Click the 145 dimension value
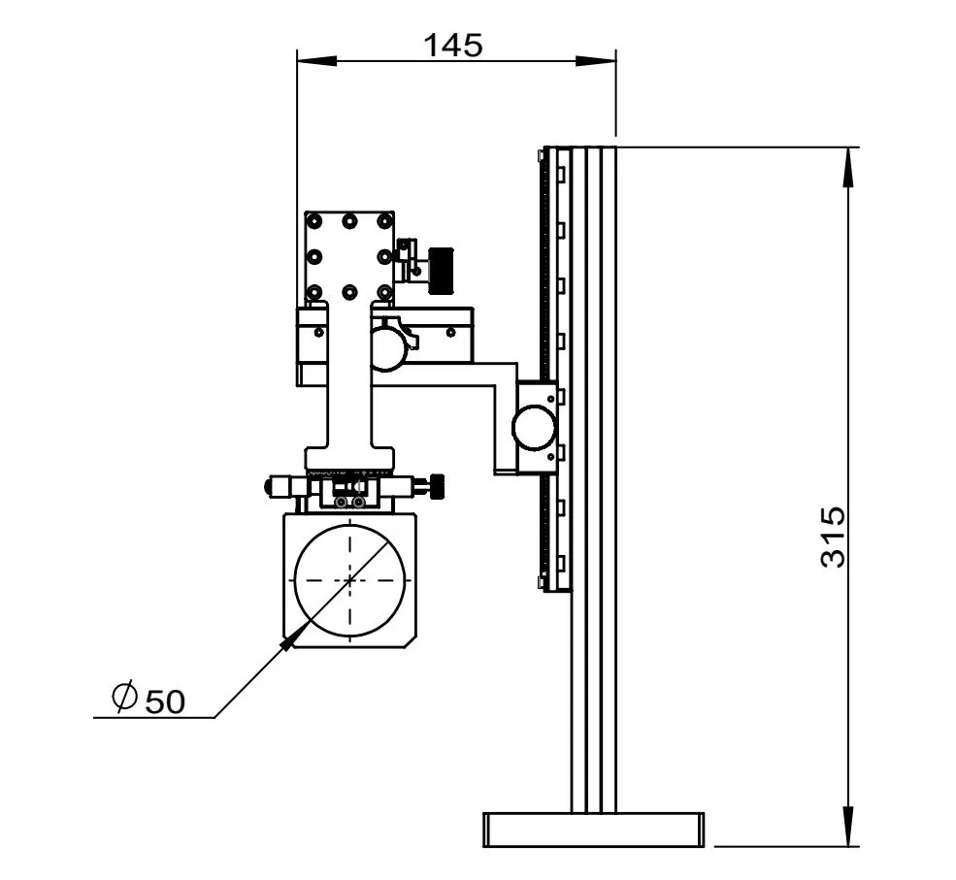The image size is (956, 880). pyautogui.click(x=453, y=44)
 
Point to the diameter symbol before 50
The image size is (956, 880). pyautogui.click(x=124, y=697)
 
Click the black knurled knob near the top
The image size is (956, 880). pyautogui.click(x=443, y=269)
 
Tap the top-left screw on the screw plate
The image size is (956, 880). pyautogui.click(x=313, y=221)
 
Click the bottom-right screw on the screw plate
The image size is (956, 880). pyautogui.click(x=384, y=292)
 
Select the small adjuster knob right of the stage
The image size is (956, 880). pyautogui.click(x=438, y=481)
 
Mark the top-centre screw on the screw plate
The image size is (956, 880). pyautogui.click(x=349, y=221)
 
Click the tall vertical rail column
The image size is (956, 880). pyautogui.click(x=593, y=485)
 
